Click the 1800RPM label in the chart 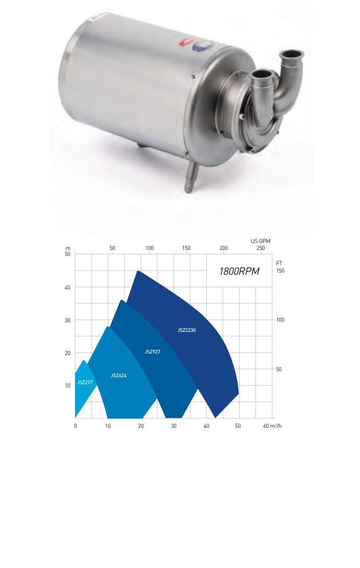tap(239, 271)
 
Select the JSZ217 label tap(85, 382)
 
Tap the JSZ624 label tap(119, 375)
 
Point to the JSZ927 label tap(153, 351)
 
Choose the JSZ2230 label tap(186, 330)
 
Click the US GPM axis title tap(261, 240)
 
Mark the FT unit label tap(279, 262)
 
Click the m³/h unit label tap(274, 426)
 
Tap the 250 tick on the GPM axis tap(260, 248)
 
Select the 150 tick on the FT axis tap(280, 271)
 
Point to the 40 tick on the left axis tap(67, 287)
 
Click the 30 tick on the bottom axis tap(174, 426)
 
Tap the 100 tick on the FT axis tap(280, 320)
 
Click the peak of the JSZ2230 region tap(139, 271)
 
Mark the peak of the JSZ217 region tap(85, 361)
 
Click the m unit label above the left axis tap(68, 248)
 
